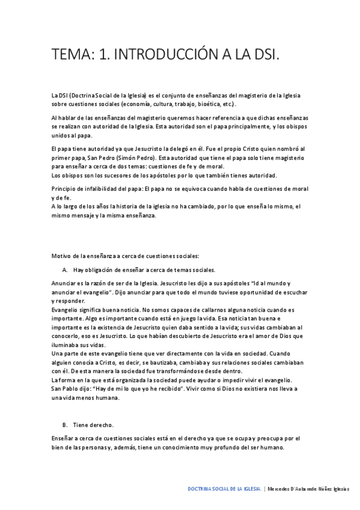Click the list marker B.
point(64,425)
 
